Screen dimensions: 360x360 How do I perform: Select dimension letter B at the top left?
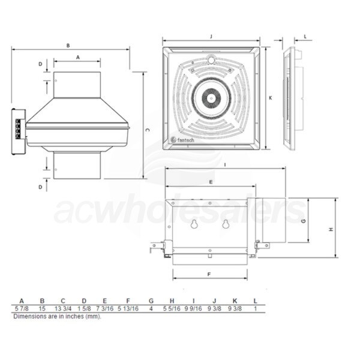68,45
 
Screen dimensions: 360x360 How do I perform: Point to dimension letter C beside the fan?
148,129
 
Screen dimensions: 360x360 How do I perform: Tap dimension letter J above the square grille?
211,37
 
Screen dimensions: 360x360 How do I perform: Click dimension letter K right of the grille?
271,98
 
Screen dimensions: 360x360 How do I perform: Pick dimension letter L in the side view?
304,37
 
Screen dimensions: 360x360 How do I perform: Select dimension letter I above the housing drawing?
224,164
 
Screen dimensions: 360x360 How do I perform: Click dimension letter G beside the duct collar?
304,220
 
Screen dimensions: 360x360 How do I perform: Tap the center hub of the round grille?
211,96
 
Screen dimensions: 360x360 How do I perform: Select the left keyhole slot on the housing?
194,224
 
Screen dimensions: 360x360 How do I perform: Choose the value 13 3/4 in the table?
63,308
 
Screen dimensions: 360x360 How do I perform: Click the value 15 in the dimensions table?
42,308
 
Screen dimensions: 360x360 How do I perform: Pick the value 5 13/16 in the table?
127,308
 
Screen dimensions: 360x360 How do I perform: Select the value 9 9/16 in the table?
193,308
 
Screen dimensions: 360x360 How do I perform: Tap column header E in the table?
105,301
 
